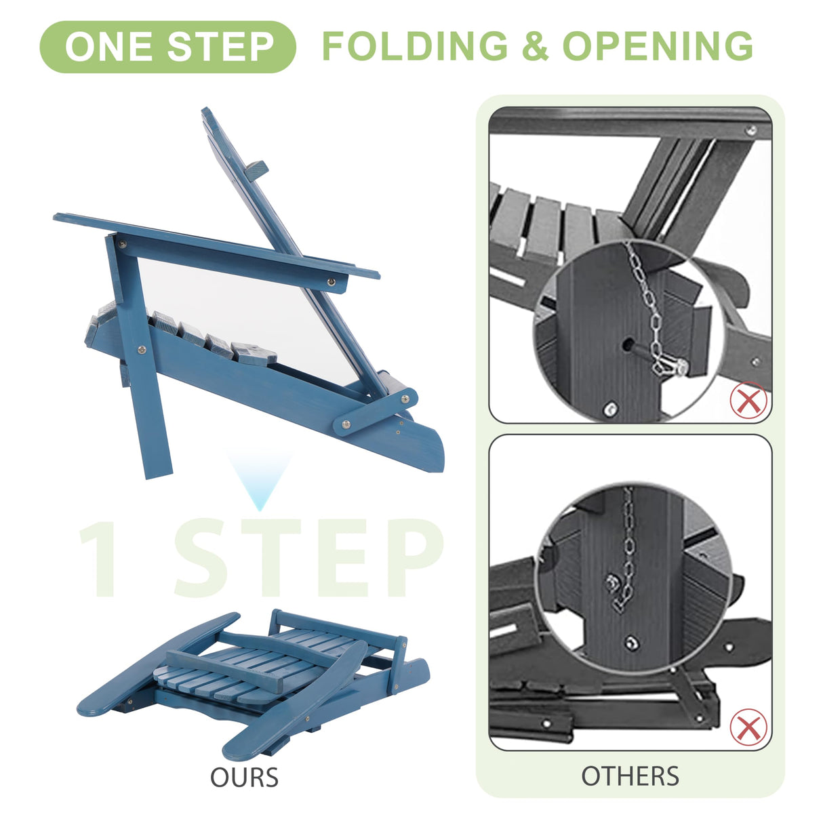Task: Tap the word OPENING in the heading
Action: click(x=658, y=46)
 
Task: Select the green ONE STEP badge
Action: click(x=168, y=47)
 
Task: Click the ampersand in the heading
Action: click(x=535, y=46)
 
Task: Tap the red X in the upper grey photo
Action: click(x=748, y=400)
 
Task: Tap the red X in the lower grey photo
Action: click(x=748, y=727)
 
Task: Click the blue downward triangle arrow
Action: click(x=260, y=481)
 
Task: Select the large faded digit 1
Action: click(x=99, y=558)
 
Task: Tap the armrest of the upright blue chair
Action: click(x=216, y=245)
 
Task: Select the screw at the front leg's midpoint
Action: click(x=142, y=350)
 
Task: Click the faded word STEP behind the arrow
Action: click(x=308, y=558)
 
